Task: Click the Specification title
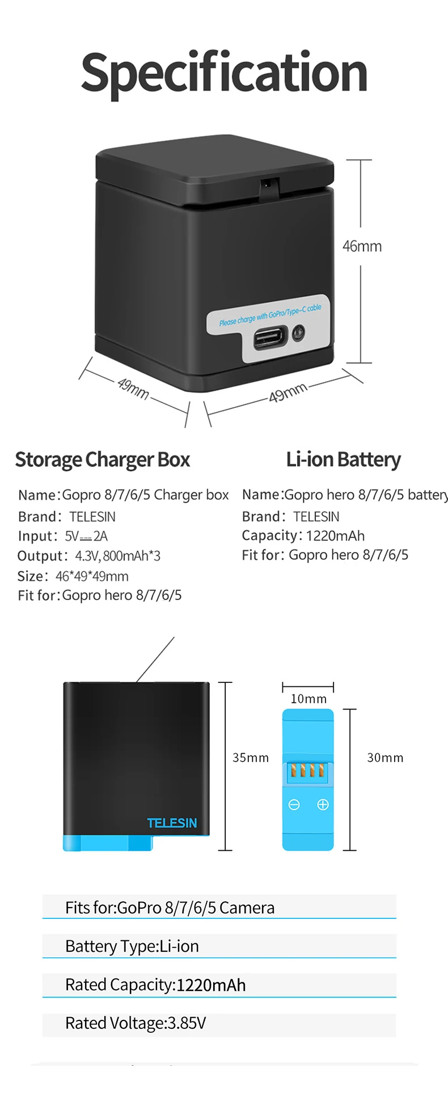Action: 224,73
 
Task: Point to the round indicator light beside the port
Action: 298,333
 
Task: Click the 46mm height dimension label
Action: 362,246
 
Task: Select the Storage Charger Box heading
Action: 103,459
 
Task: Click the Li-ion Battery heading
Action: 343,459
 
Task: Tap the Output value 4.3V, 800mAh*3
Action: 118,556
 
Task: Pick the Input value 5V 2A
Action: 86,536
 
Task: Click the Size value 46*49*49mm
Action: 92,576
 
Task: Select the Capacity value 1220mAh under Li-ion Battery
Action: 335,535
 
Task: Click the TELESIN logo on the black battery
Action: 172,823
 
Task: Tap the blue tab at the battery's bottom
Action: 108,843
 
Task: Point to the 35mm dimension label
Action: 250,758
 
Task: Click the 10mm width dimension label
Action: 308,699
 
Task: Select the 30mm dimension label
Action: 385,758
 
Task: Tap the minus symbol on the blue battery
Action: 294,804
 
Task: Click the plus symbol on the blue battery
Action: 323,804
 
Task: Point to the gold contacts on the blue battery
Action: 307,770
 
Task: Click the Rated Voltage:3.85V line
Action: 136,1023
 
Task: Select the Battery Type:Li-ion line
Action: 132,946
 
